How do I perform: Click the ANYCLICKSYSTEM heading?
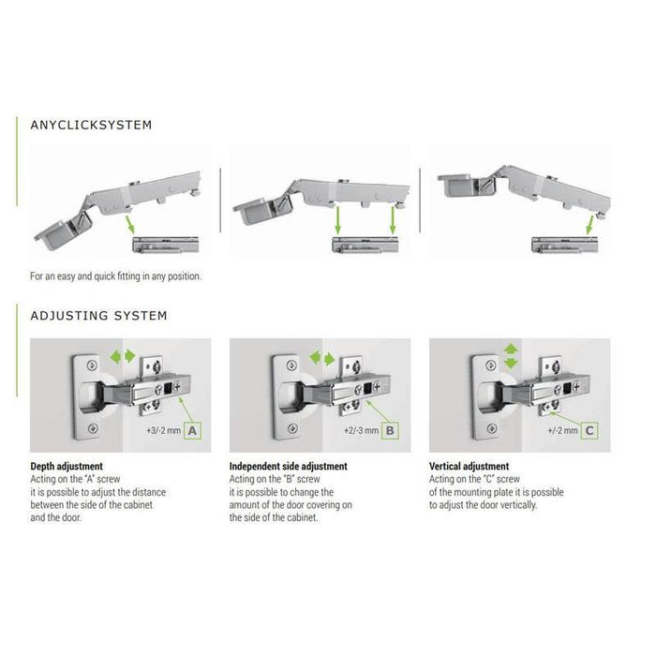coord(91,125)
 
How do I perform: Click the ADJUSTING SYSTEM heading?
coord(98,316)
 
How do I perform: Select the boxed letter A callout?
coord(192,430)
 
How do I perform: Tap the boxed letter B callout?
coord(390,430)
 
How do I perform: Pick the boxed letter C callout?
coord(589,430)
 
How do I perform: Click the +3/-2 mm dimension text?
coord(164,430)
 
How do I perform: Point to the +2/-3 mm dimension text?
coord(361,430)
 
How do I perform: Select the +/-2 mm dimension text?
coord(562,430)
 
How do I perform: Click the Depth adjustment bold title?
coord(67,466)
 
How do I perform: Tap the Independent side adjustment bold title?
coord(289,466)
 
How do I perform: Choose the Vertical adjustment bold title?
coord(469,466)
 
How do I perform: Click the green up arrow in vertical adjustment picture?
coord(511,350)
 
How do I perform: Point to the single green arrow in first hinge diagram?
coord(129,225)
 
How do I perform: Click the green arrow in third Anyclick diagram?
coord(590,225)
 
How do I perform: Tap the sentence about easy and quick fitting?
coord(115,276)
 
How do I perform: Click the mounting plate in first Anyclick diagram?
coord(166,245)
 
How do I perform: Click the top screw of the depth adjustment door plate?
coord(92,365)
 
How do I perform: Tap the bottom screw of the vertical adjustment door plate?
coord(492,429)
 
